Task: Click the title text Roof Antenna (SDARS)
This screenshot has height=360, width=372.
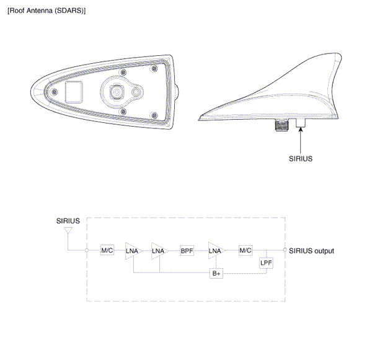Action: tap(46, 11)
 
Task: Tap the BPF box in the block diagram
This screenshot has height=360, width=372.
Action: tap(187, 251)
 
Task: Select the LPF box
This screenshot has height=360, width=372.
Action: tap(266, 263)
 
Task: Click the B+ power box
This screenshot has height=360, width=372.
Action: tap(216, 273)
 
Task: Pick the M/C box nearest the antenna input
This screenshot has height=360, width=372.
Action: tap(107, 250)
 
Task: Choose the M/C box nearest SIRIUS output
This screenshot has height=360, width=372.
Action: tap(246, 250)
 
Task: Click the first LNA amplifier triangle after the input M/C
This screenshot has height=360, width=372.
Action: tap(132, 251)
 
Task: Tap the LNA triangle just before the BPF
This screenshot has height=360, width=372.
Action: tap(158, 251)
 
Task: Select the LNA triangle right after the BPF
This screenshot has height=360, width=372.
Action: tap(215, 251)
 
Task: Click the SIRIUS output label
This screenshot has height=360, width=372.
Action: tap(311, 251)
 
